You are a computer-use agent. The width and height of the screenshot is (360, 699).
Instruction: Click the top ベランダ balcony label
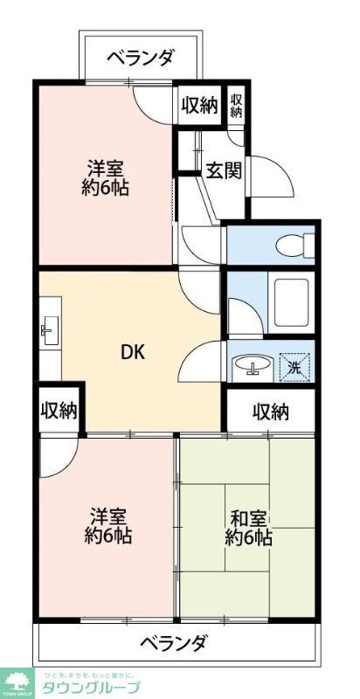[141, 59]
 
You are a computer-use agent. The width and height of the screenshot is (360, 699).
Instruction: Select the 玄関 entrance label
[223, 170]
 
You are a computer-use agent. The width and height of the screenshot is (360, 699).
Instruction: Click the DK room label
[132, 352]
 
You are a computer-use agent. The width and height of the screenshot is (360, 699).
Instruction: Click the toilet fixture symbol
[289, 244]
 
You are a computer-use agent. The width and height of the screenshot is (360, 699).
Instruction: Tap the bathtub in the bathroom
[289, 302]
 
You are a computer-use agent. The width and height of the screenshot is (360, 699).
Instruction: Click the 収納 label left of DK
[59, 411]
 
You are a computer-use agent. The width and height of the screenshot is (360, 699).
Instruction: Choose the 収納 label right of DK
[271, 412]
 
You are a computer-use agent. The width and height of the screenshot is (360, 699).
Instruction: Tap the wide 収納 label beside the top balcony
[199, 106]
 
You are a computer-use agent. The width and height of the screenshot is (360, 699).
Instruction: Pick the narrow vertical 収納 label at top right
[237, 105]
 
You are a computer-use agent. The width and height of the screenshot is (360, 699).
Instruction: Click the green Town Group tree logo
[17, 681]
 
